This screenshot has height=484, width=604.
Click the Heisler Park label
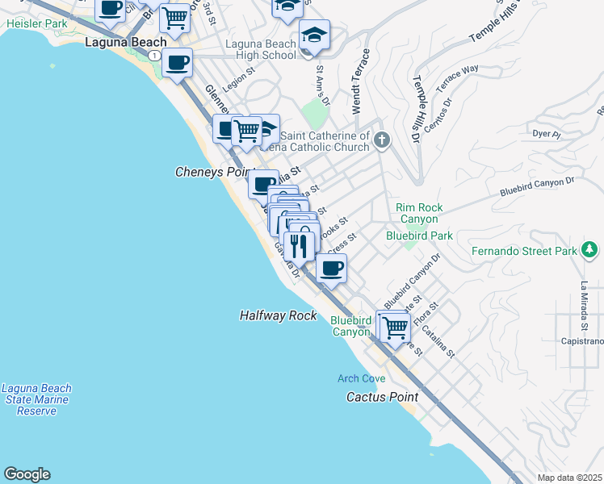coord(37,24)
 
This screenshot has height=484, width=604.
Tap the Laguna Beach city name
coord(126,42)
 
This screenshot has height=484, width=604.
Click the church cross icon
coord(382,141)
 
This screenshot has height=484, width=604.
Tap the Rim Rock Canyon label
coord(417,213)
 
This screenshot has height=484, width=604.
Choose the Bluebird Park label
coord(419,236)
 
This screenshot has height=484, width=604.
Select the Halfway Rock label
coord(278,315)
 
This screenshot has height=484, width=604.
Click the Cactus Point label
coord(382,397)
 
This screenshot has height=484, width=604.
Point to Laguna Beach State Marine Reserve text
coord(36,399)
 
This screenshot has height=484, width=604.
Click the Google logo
coord(27,474)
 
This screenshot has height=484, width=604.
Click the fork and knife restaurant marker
coord(299,244)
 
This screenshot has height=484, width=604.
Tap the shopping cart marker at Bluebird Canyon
coord(395,327)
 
